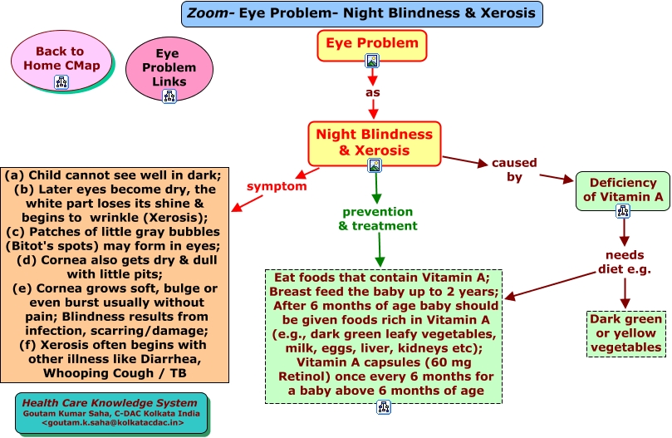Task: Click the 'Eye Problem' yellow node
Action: pyautogui.click(x=372, y=46)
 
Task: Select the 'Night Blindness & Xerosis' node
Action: pyautogui.click(x=374, y=144)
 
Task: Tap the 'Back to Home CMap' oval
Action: pyautogui.click(x=61, y=60)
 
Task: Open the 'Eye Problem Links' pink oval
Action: pyautogui.click(x=169, y=69)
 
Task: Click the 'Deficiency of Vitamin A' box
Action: pyautogui.click(x=623, y=191)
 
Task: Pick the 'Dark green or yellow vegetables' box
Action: pyautogui.click(x=625, y=334)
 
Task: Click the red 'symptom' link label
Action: pyautogui.click(x=277, y=186)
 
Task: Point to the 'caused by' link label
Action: pyautogui.click(x=514, y=170)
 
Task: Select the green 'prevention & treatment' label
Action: pyautogui.click(x=378, y=219)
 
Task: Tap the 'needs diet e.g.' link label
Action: pyautogui.click(x=625, y=262)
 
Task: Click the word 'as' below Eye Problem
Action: pyautogui.click(x=372, y=92)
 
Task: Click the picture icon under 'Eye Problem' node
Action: pyautogui.click(x=372, y=61)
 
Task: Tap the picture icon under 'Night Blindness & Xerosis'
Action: pyautogui.click(x=375, y=165)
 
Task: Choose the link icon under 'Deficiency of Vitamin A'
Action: pyautogui.click(x=623, y=211)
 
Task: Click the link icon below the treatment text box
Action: pyautogui.click(x=384, y=407)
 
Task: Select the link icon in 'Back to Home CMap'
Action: pyautogui.click(x=61, y=82)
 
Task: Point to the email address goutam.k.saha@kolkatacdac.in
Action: pyautogui.click(x=113, y=423)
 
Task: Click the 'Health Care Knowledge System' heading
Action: pyautogui.click(x=110, y=403)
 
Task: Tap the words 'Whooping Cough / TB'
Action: pyautogui.click(x=115, y=373)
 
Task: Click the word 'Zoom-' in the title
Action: pyautogui.click(x=210, y=13)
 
